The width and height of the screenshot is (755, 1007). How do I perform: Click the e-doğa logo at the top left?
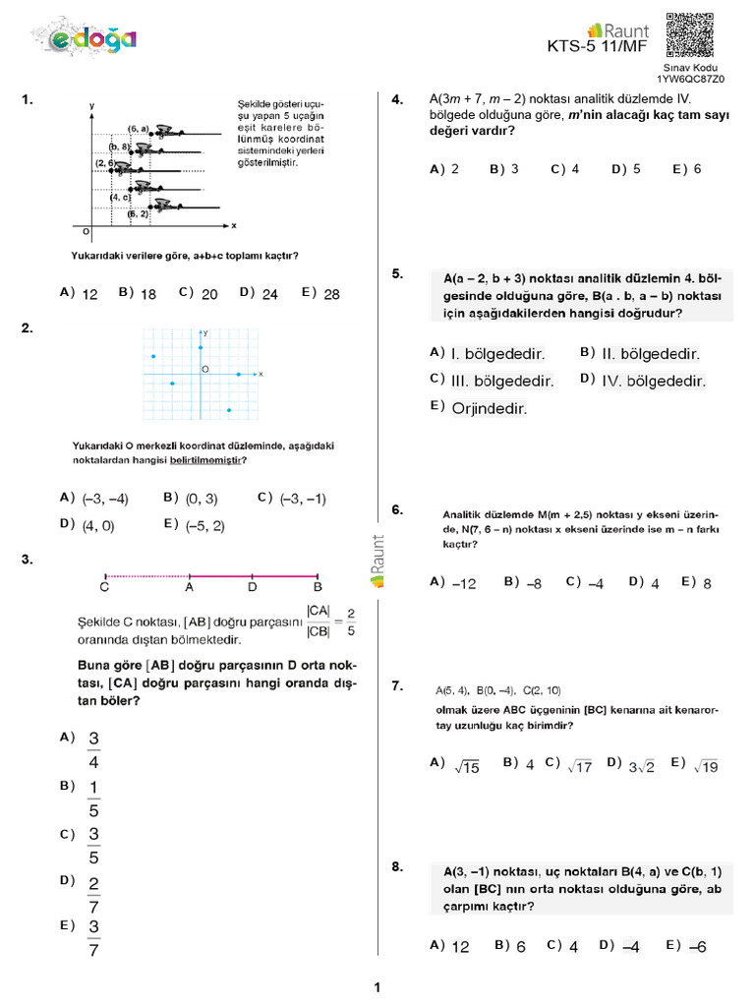point(93,39)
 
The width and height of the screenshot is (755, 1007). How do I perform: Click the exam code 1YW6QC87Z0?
point(691,79)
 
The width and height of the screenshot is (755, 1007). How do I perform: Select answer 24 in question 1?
point(270,293)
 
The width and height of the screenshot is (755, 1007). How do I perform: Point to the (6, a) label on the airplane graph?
point(138,129)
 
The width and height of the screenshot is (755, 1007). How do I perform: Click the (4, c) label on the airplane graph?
point(121,197)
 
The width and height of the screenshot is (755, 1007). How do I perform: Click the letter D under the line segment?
point(253,588)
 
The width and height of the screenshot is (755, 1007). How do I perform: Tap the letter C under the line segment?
point(104,588)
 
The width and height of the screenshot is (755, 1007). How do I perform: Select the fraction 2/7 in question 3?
point(93,894)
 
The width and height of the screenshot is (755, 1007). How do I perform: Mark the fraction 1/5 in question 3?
point(93,799)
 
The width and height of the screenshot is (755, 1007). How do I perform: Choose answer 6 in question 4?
point(697,169)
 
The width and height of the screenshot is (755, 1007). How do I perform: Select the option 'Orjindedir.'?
point(489,408)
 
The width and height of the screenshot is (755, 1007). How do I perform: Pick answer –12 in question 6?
point(464,583)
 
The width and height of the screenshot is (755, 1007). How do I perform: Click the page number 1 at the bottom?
point(377,987)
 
